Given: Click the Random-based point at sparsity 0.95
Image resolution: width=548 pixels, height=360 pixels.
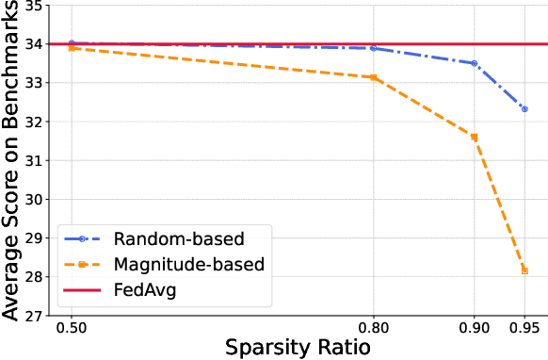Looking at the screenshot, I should [x=524, y=109].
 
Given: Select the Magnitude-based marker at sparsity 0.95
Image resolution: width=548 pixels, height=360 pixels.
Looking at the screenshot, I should [x=524, y=270].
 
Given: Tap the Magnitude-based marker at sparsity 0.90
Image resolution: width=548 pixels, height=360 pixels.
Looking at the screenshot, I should [x=474, y=137].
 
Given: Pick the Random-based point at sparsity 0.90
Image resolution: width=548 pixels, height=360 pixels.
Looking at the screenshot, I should [x=474, y=63].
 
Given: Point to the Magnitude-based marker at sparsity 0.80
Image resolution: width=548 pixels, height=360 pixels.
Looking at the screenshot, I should [x=374, y=77].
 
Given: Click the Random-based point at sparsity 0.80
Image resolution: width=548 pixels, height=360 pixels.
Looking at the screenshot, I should [x=374, y=48].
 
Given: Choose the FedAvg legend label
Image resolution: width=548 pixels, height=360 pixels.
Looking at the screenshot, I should [x=145, y=290].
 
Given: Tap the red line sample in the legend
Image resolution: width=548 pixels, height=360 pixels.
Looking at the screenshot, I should [x=83, y=290].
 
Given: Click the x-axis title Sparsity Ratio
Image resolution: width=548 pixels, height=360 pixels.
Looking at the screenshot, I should [x=298, y=348].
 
